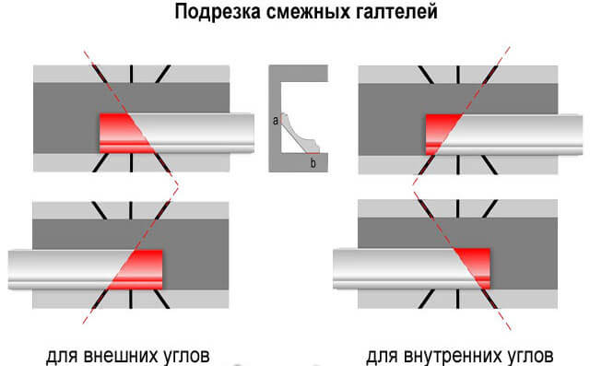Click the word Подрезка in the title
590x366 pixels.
[218, 12]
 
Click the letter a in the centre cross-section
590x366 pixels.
[276, 121]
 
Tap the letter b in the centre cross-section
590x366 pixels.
[313, 163]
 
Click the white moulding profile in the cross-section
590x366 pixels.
[299, 136]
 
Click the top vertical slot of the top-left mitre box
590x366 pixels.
[131, 74]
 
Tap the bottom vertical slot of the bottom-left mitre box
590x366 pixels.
[131, 299]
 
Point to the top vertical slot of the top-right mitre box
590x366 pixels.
[458, 75]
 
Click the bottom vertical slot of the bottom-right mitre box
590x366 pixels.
[457, 299]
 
